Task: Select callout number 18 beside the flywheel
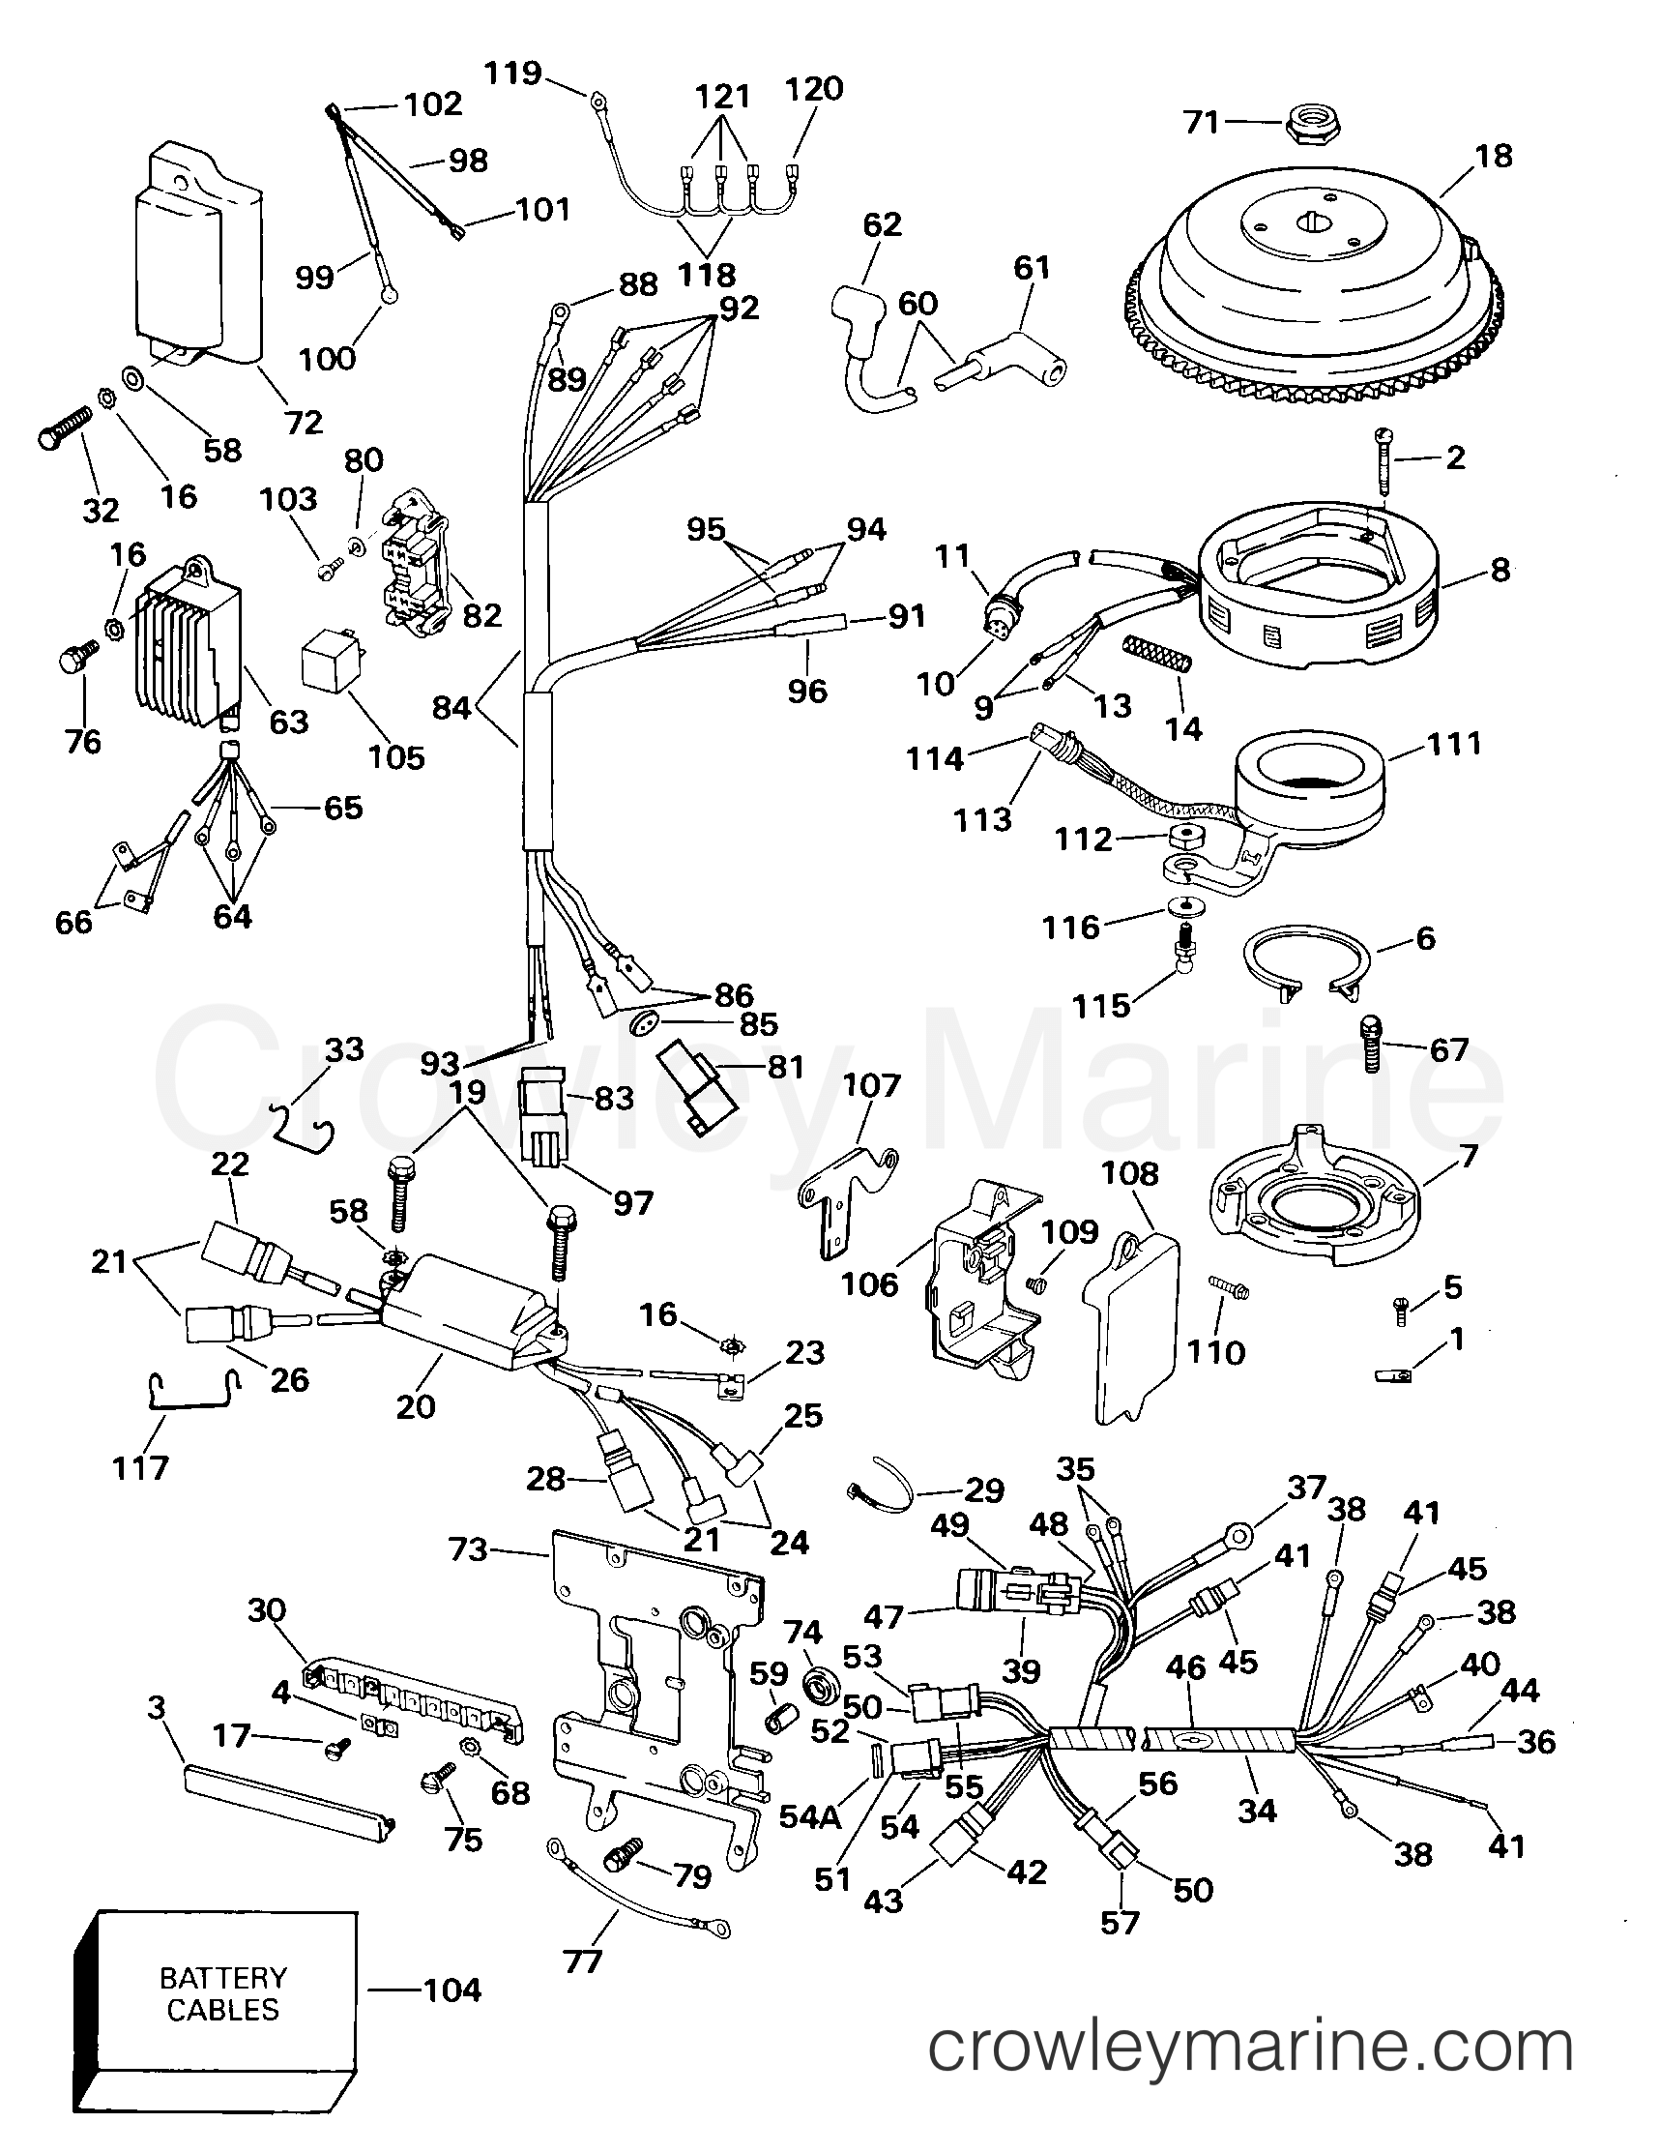1494,156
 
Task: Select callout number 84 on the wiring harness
451,706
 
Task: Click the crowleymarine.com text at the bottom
1250,2076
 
